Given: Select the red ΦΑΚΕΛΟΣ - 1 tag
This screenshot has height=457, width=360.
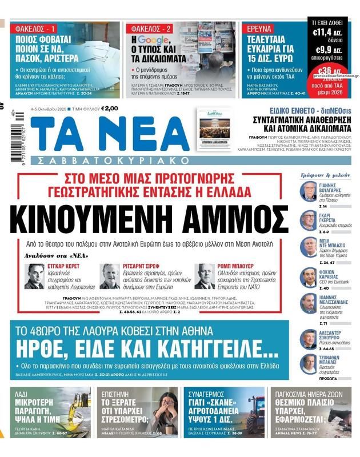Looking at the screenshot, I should point(33,29).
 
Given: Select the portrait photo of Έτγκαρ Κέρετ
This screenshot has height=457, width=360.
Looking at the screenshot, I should point(35,276).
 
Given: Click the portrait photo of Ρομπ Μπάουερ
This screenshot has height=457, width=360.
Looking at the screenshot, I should point(204,276).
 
